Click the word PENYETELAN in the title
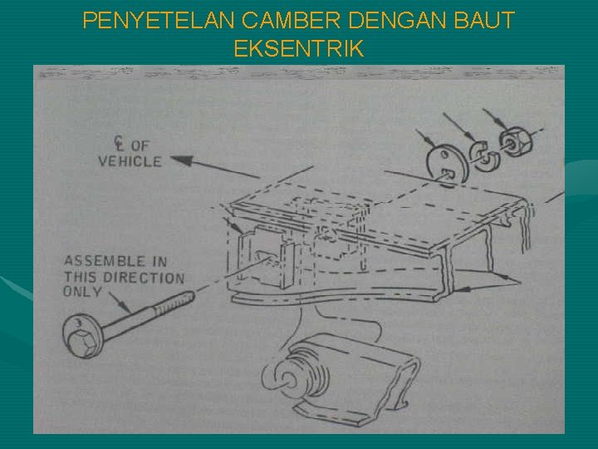[x=159, y=21]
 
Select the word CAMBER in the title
[x=291, y=21]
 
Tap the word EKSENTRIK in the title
[x=299, y=48]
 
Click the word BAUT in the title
[x=484, y=21]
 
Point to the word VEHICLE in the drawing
[x=130, y=161]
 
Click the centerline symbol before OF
[x=119, y=144]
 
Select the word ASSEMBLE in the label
[x=105, y=261]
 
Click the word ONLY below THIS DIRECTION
[x=77, y=292]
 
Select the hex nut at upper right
[x=516, y=142]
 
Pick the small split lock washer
[x=484, y=156]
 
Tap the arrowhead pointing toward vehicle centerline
[x=181, y=160]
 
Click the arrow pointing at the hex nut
[x=495, y=119]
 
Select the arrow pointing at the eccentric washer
[x=425, y=138]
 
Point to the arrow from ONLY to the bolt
[x=120, y=303]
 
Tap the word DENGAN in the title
[x=397, y=21]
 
